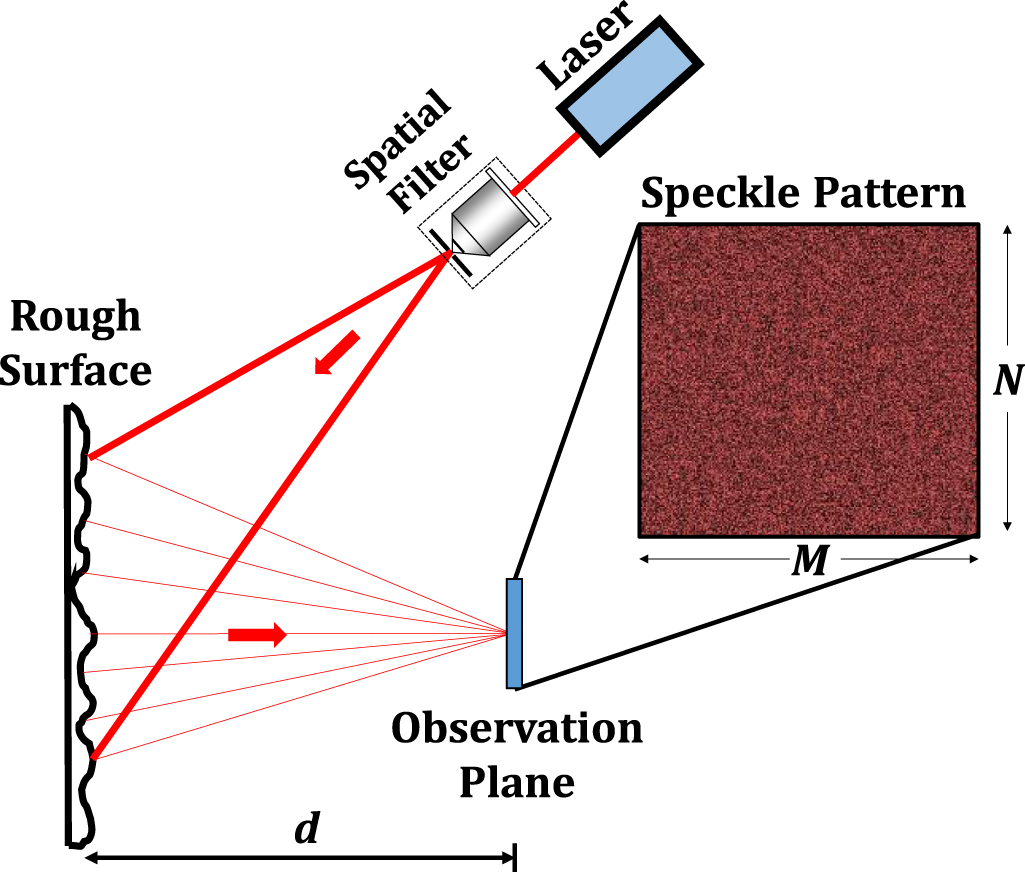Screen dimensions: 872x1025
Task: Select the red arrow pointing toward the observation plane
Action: [257, 634]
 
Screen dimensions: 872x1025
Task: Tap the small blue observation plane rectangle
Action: [514, 634]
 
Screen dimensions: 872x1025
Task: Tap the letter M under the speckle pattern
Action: [808, 562]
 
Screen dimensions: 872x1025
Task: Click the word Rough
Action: [75, 318]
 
